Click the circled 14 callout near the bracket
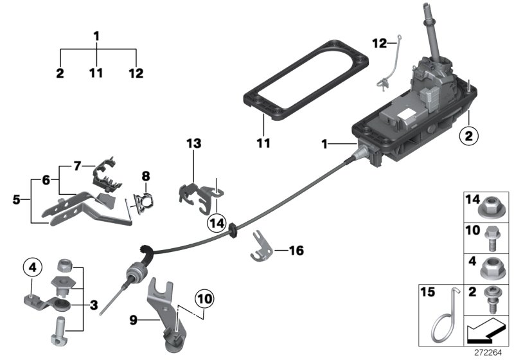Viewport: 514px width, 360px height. [216, 222]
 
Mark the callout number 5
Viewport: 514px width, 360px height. [17, 200]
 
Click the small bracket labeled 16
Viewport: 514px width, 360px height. [260, 248]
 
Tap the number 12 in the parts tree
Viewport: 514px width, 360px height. [136, 73]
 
